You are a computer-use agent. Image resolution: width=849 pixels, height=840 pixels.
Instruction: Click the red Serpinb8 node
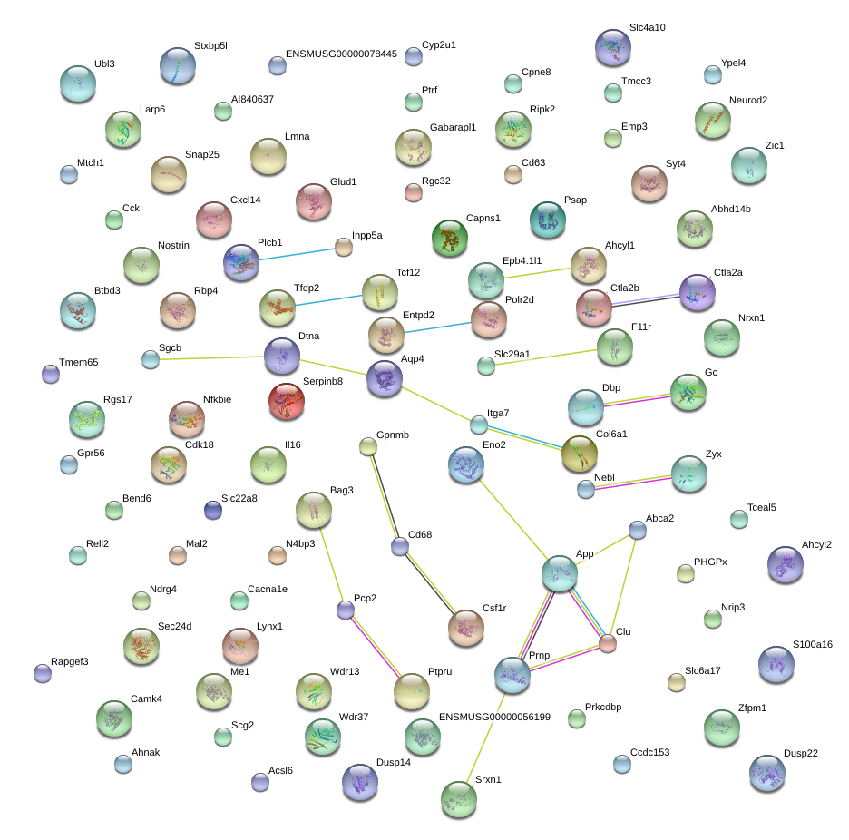click(287, 401)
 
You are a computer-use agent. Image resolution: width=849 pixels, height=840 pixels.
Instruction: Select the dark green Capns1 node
click(450, 238)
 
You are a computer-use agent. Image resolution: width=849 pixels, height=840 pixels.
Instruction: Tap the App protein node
click(560, 573)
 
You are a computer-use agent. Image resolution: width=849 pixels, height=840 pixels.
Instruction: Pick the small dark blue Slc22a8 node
click(213, 510)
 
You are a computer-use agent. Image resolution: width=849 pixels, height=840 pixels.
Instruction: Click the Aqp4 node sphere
click(385, 378)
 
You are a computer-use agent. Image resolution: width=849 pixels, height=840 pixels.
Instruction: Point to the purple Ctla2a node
click(698, 292)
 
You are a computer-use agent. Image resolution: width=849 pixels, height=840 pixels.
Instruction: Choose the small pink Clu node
click(608, 643)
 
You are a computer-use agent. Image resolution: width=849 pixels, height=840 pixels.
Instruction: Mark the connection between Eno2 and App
click(512, 519)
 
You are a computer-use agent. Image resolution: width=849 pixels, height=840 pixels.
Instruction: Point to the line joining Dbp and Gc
click(638, 401)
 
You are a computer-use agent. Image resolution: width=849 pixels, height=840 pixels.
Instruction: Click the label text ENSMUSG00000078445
click(341, 54)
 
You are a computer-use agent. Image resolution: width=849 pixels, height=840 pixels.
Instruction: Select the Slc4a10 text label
click(647, 27)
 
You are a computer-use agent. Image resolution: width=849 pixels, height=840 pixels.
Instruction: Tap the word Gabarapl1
click(453, 127)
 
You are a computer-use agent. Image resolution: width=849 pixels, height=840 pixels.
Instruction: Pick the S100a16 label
click(812, 644)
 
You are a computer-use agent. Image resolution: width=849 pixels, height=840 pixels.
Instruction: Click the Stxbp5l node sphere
click(178, 66)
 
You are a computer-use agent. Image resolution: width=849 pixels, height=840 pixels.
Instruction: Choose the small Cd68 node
click(400, 546)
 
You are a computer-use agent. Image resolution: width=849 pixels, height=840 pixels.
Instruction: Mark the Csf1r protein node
click(466, 629)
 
